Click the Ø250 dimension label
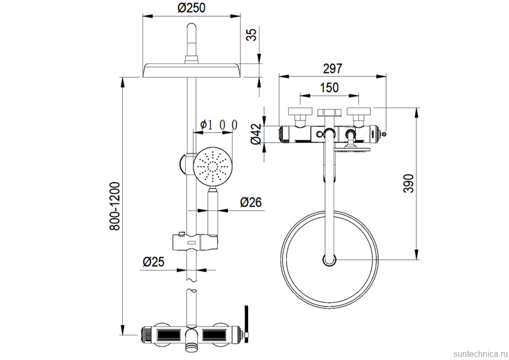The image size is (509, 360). pyautogui.click(x=191, y=8)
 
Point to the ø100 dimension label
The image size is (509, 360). pyautogui.click(x=219, y=125)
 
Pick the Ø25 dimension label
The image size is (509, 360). pyautogui.click(x=154, y=261)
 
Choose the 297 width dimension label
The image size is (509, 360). pyautogui.click(x=332, y=68)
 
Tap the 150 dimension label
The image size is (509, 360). pyautogui.click(x=329, y=88)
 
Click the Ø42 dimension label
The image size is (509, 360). pyautogui.click(x=256, y=134)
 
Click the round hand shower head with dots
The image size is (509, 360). pyautogui.click(x=212, y=167)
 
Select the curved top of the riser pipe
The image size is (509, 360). pyautogui.click(x=192, y=37)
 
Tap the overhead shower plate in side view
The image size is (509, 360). pyautogui.click(x=192, y=70)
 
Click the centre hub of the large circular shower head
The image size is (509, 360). pyautogui.click(x=329, y=259)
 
